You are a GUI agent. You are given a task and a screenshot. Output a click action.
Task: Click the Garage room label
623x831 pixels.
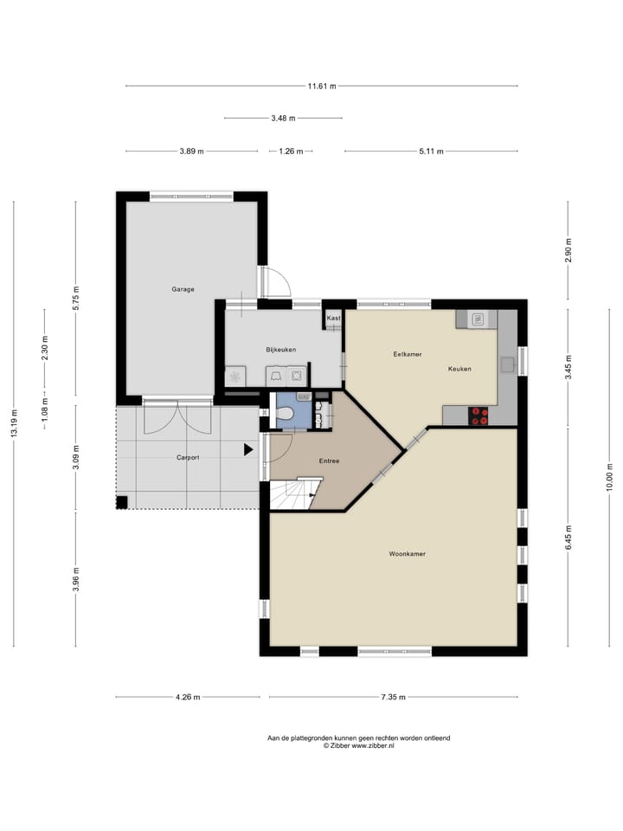[183, 289]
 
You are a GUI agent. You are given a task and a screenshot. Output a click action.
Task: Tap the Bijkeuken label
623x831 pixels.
[281, 350]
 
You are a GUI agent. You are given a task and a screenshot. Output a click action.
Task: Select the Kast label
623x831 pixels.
[333, 319]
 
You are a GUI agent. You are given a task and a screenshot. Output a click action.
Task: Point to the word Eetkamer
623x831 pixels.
[407, 354]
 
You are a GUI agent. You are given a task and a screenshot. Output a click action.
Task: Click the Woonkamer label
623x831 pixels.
[407, 553]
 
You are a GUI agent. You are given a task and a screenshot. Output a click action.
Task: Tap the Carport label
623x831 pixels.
[188, 457]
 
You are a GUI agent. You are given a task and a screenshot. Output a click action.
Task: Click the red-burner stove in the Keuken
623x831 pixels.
[478, 415]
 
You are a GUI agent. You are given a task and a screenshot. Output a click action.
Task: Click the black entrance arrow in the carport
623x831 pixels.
[248, 449]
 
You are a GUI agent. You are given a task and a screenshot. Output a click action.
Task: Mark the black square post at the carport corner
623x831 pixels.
[123, 501]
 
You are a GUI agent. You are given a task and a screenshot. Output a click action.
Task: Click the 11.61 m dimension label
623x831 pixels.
[321, 86]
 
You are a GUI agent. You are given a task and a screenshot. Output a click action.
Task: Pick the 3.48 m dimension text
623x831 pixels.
[283, 118]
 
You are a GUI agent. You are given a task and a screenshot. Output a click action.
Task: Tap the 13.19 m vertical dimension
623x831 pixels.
[14, 424]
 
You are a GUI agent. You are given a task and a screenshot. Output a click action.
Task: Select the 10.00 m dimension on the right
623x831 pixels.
[609, 476]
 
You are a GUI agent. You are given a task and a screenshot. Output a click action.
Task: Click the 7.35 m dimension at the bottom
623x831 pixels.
[394, 697]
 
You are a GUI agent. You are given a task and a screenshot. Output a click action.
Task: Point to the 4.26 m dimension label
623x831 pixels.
[188, 697]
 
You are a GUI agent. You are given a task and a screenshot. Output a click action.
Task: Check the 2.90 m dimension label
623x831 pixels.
[568, 250]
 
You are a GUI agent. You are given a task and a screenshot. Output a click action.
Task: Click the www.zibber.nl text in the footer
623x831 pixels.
[372, 744]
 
